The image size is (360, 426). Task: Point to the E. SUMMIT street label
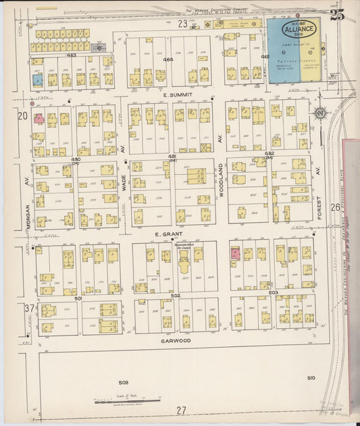pyautogui.click(x=178, y=96)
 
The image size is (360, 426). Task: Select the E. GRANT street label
pyautogui.click(x=169, y=234)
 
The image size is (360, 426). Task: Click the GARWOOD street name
pyautogui.click(x=176, y=341)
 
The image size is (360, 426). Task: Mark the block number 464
pyautogui.click(x=168, y=60)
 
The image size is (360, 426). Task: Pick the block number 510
pyautogui.click(x=310, y=377)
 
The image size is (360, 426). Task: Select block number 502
pyautogui.click(x=176, y=296)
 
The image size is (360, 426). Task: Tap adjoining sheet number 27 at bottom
pyautogui.click(x=180, y=410)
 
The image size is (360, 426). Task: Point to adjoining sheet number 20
pyautogui.click(x=22, y=116)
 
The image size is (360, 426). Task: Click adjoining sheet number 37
pyautogui.click(x=28, y=308)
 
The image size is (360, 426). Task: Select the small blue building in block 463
pyautogui.click(x=38, y=80)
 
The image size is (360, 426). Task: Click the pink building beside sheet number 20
pyautogui.click(x=39, y=118)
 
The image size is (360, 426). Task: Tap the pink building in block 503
pyautogui.click(x=236, y=254)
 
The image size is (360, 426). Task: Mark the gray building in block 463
pyautogui.click(x=99, y=47)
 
